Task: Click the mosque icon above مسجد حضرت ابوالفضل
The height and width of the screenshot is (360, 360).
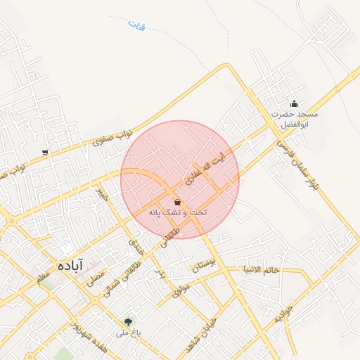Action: coord(294,103)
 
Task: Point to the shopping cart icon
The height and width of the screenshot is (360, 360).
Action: coord(46,152)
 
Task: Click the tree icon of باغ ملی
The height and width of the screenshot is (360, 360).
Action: coord(128,321)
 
